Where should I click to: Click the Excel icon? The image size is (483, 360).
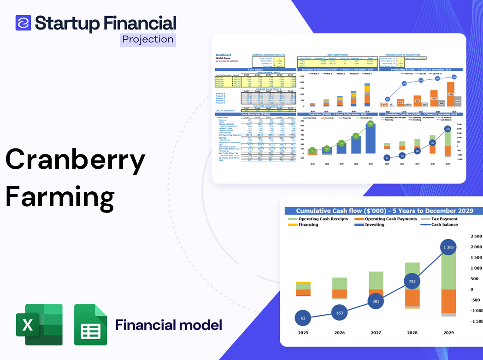(x=39, y=325)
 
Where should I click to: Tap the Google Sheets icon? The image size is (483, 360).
(x=90, y=325)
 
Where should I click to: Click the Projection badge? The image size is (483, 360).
(x=147, y=40)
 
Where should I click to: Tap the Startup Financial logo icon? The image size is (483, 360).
(x=23, y=23)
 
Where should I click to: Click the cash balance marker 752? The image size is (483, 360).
(x=412, y=282)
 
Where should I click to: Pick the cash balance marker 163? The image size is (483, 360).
(x=339, y=313)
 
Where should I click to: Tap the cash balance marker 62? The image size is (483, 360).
(x=302, y=318)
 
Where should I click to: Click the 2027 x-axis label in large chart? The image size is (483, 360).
(x=375, y=333)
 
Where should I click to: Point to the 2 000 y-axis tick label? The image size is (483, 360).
(x=476, y=247)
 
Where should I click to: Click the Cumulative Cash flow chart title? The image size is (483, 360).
(x=384, y=211)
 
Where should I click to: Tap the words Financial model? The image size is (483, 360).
(x=169, y=325)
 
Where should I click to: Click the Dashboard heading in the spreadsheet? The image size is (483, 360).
(x=223, y=55)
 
